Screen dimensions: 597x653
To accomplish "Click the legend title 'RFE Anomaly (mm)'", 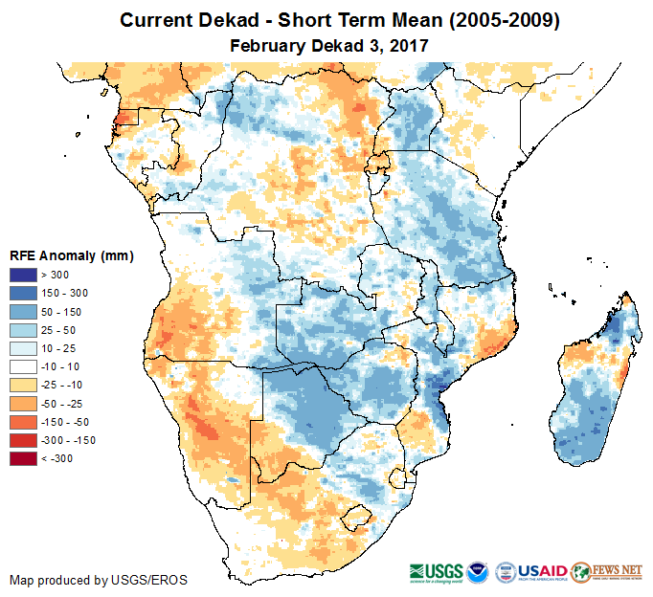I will coord(71,255).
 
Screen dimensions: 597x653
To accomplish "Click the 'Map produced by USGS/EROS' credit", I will coord(99,580).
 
